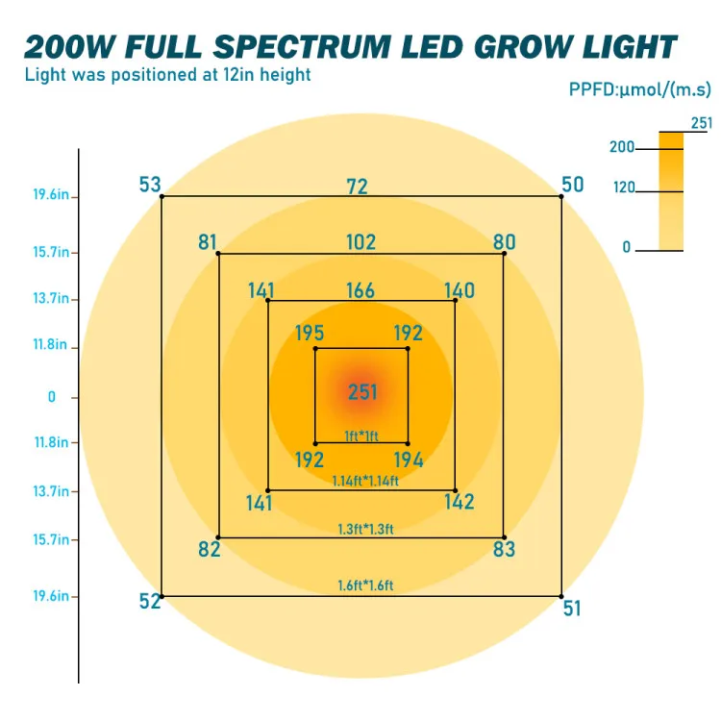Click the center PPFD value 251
coord(362,392)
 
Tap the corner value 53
coord(150,184)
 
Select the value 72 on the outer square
coord(358,186)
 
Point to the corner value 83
coord(504,550)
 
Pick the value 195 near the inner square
coord(309,334)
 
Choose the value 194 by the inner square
coord(409,460)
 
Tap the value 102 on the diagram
coord(361,242)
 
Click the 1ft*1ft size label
coord(361,435)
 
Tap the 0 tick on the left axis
coord(52,396)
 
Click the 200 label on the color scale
coord(622,147)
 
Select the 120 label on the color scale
coord(624,188)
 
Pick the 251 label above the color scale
coord(702,122)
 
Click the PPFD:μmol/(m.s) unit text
coord(639,90)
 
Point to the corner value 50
coord(572,184)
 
